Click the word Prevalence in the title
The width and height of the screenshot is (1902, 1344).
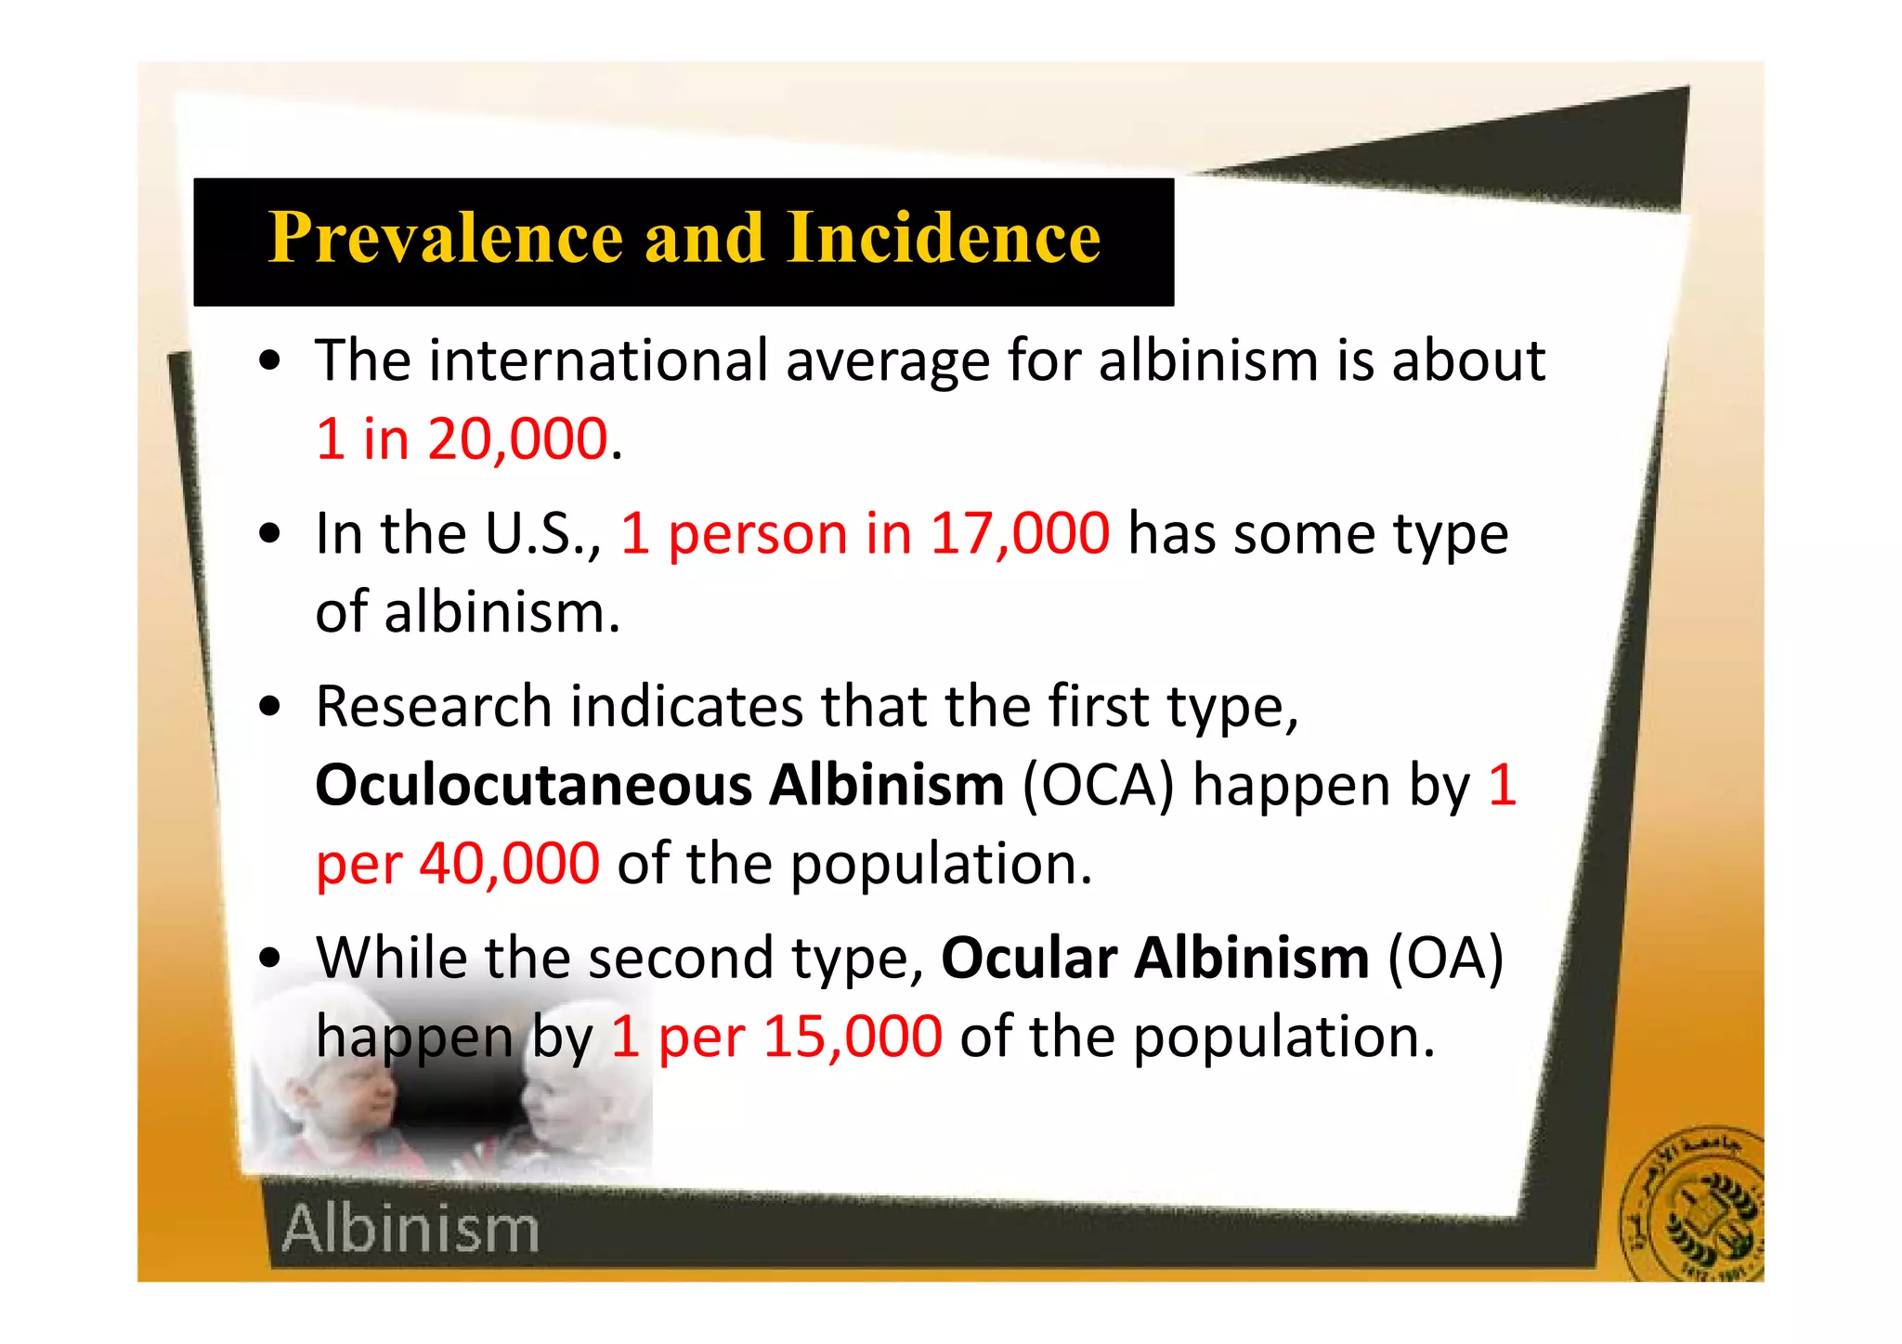tap(445, 238)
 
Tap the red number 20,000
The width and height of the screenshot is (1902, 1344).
tap(516, 438)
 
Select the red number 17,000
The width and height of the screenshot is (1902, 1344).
tap(1019, 534)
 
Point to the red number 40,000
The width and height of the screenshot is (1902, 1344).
tap(509, 864)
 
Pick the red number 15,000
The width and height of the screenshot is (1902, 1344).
tap(852, 1037)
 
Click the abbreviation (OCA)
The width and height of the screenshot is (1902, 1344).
tap(1099, 786)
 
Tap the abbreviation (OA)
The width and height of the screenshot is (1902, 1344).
tap(1444, 958)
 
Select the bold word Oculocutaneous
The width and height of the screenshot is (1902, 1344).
tap(533, 786)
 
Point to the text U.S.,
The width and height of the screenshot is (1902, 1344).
tap(543, 534)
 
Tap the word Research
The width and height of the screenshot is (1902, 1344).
tap(434, 707)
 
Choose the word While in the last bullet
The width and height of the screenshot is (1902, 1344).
tap(391, 958)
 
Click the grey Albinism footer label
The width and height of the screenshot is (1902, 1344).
tap(410, 1229)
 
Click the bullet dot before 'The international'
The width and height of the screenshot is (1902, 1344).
tap(270, 362)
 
